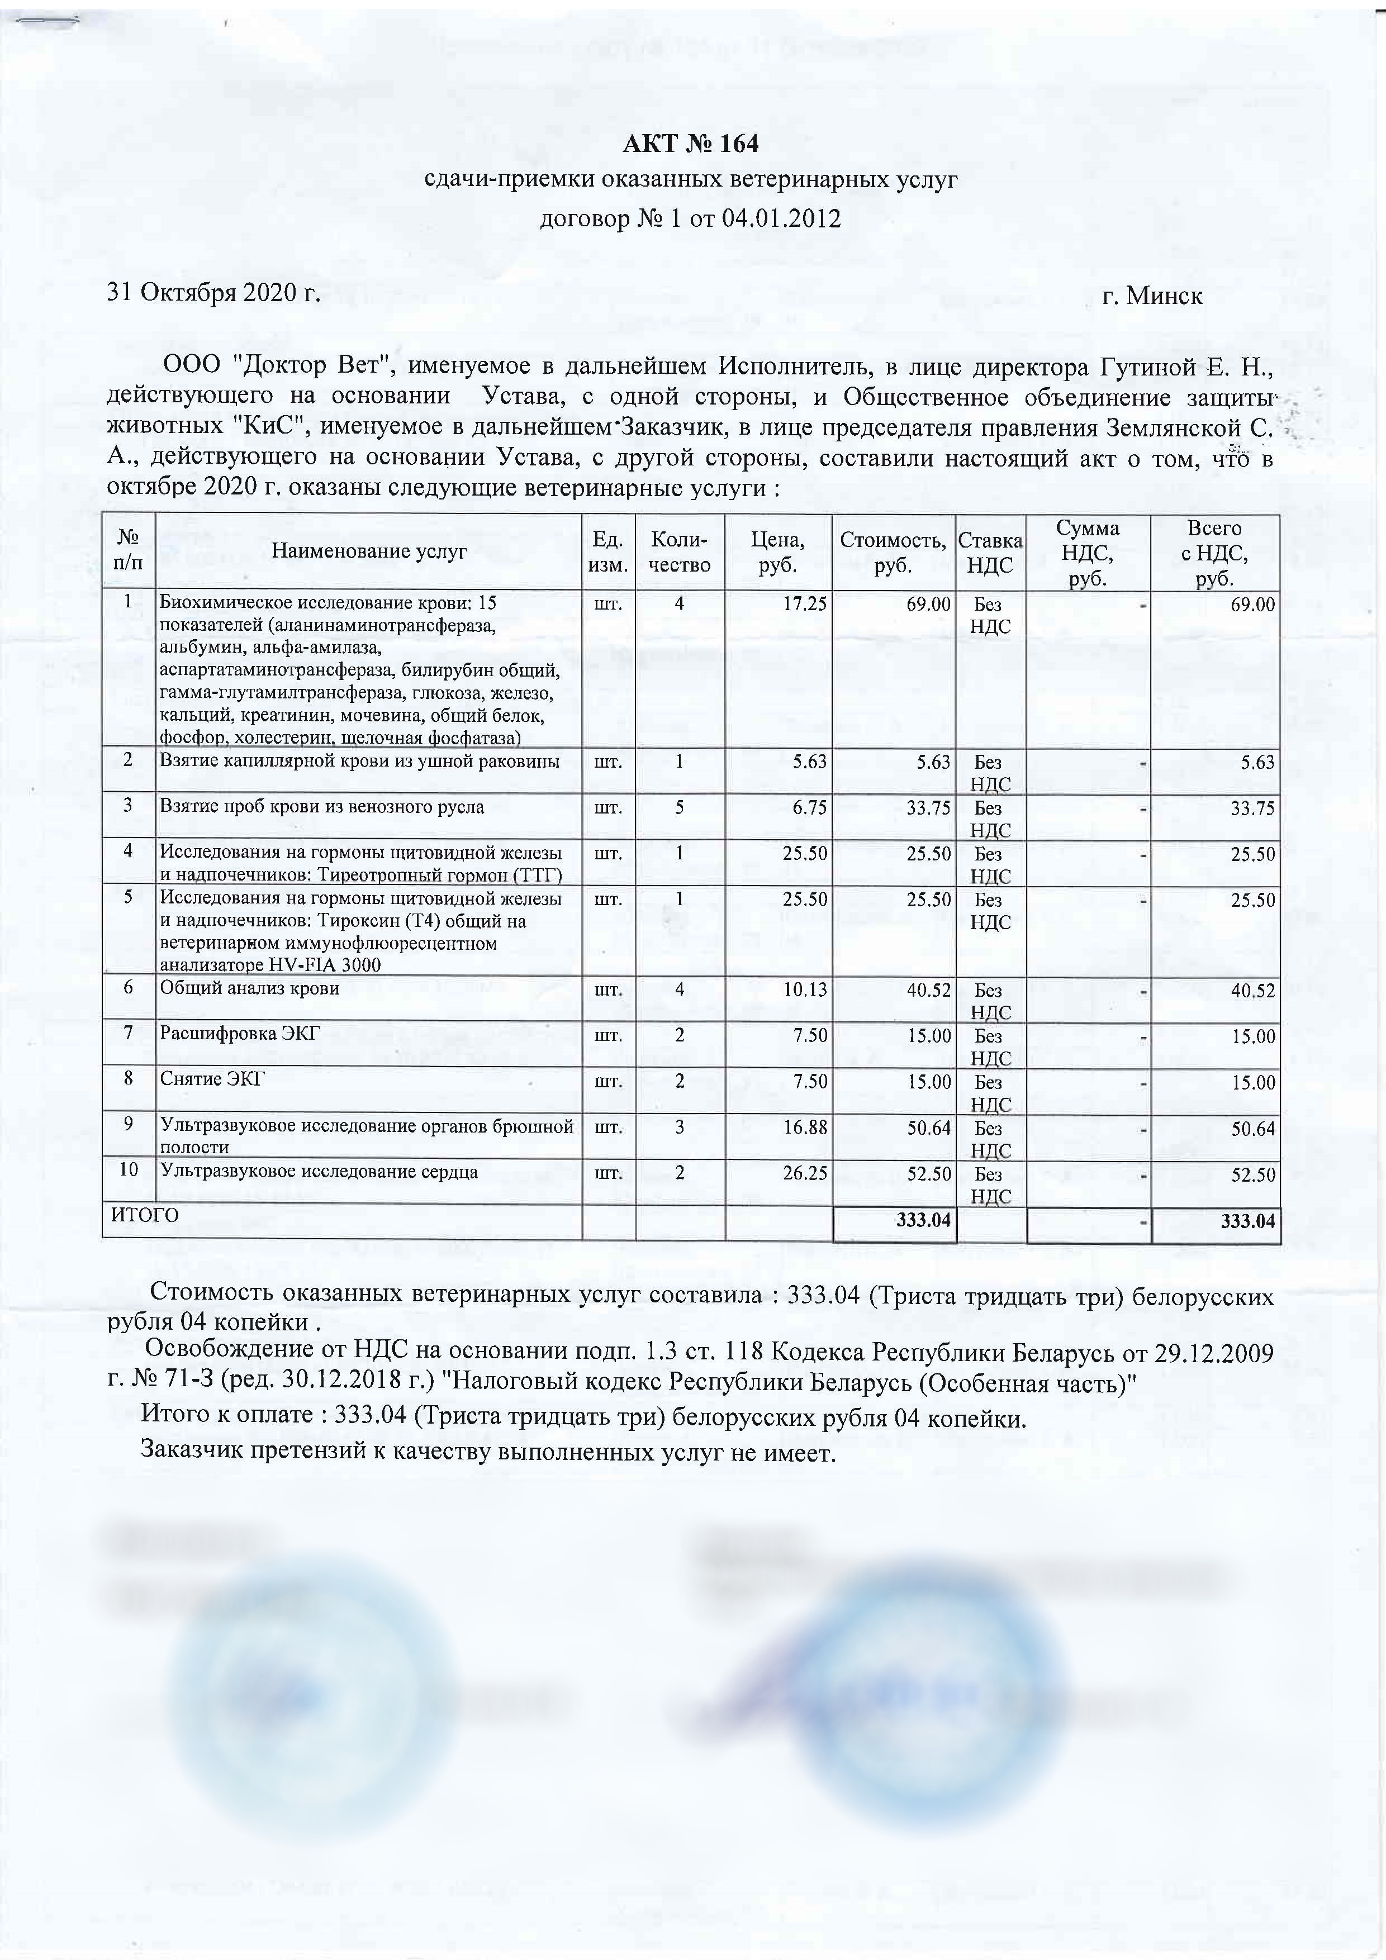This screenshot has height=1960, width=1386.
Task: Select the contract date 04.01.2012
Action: click(781, 220)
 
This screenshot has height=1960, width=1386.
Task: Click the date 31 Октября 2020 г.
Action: click(213, 294)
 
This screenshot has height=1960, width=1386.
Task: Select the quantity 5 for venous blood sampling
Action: click(680, 807)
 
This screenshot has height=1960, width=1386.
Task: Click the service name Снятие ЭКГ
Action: click(212, 1080)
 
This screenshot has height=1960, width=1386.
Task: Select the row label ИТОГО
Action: click(145, 1215)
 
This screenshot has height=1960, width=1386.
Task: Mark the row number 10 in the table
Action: click(128, 1169)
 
